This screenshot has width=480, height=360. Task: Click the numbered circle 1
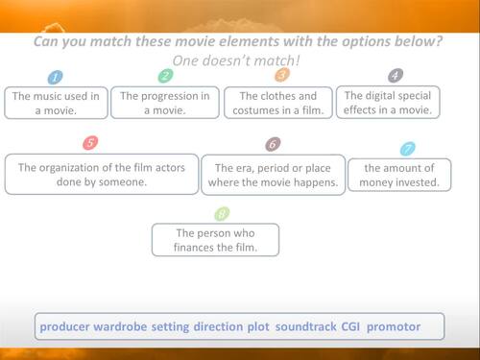[56, 77]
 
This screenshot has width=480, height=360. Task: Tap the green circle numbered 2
[165, 76]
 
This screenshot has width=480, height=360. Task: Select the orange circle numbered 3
[281, 74]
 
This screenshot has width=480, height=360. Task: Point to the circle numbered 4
[395, 75]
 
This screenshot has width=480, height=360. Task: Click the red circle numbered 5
[90, 143]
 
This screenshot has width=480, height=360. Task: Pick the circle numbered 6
[274, 144]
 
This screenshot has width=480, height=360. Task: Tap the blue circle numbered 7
[408, 149]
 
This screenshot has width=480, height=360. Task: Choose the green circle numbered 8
[222, 214]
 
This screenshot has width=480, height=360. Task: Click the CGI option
[351, 327]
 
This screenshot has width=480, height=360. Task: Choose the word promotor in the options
[394, 327]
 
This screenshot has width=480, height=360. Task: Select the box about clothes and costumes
[277, 103]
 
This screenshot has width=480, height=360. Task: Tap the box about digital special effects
[389, 102]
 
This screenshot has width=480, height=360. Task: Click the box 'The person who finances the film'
[215, 240]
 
